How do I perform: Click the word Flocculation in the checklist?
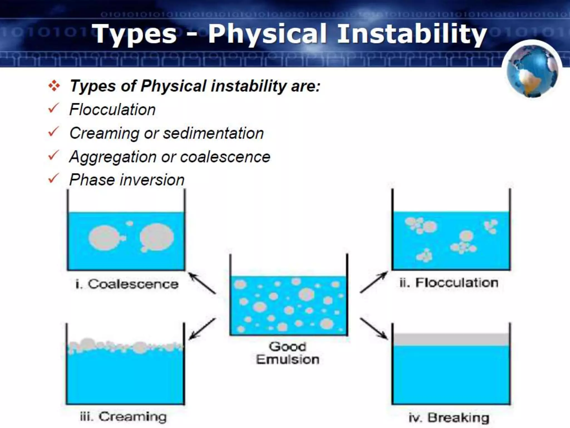tap(112, 110)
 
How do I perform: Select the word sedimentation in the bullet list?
tap(213, 133)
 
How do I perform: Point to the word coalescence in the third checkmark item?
tap(225, 157)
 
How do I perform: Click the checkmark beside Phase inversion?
tap(53, 179)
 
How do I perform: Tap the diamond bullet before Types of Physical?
tap(54, 86)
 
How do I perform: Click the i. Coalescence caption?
tap(127, 284)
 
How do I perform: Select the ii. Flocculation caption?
tap(449, 283)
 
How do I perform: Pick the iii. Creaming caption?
tap(123, 417)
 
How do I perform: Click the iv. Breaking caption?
tap(449, 418)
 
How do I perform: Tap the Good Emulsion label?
tap(288, 353)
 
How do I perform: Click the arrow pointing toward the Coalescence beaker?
tap(202, 283)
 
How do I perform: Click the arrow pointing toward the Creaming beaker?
tap(202, 329)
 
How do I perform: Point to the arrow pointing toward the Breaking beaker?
tap(374, 329)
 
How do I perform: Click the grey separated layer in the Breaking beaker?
tap(451, 339)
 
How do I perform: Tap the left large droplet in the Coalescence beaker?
tap(105, 238)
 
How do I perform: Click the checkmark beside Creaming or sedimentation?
tap(53, 132)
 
